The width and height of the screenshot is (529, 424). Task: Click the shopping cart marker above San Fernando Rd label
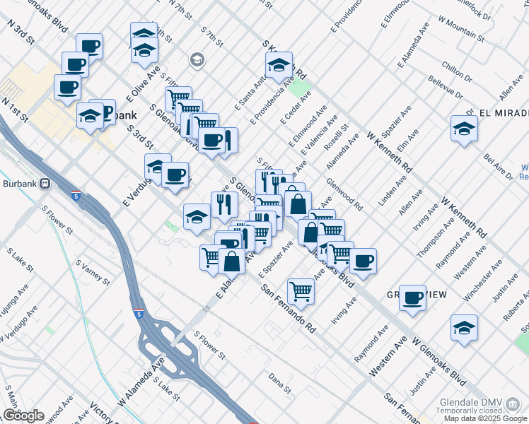point(301,290)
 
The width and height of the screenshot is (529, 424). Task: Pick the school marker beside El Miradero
point(464,129)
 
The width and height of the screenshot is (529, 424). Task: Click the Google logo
point(23,416)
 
